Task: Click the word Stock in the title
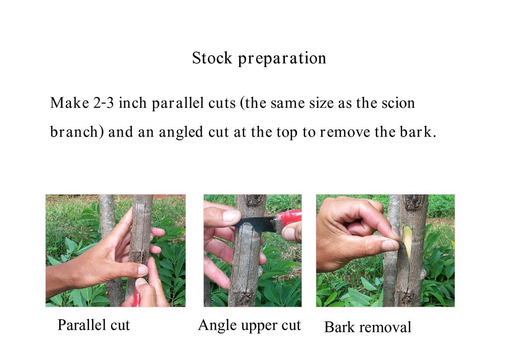212,58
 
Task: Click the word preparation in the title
282,59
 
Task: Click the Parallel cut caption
93,325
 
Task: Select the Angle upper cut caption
250,326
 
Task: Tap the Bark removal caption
367,327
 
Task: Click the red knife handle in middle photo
287,219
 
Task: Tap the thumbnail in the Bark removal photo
390,245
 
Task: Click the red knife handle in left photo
136,298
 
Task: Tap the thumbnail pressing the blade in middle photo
231,216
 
